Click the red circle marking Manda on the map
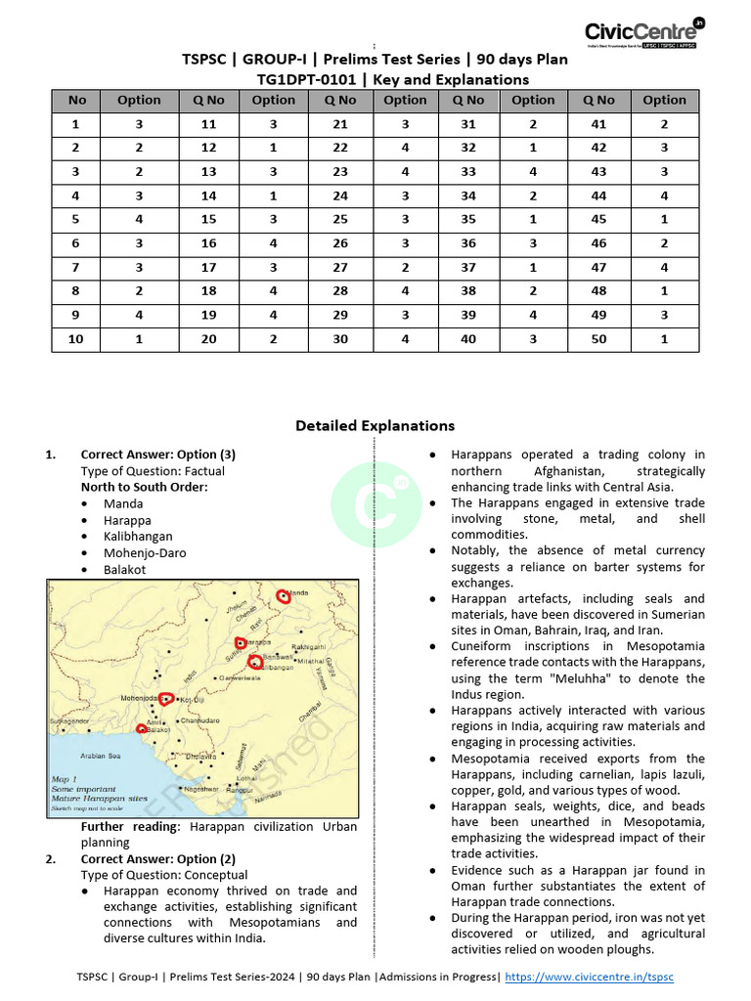(284, 595)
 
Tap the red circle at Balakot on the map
(143, 728)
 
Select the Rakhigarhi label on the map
(308, 646)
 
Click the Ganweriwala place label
(240, 677)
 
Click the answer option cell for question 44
(664, 196)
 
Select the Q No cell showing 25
(339, 221)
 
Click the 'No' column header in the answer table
(77, 100)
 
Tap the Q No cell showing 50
(598, 338)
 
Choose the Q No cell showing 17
(208, 268)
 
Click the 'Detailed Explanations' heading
(375, 425)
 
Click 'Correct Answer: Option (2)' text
(157, 859)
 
